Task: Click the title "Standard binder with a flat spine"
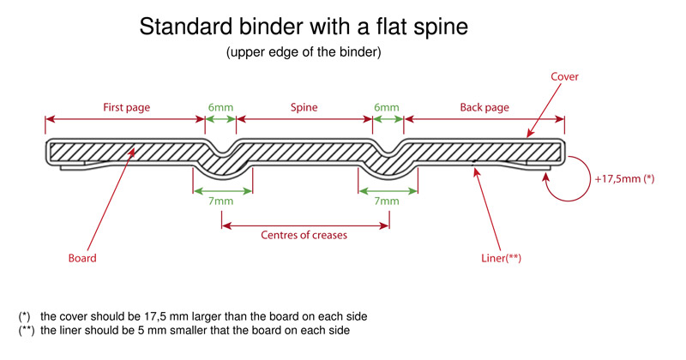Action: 304,27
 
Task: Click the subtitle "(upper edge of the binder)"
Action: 304,52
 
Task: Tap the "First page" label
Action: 126,107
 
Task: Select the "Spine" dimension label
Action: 304,107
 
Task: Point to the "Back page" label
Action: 484,107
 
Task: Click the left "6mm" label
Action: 220,107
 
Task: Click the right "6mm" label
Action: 388,107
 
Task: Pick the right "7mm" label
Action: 388,201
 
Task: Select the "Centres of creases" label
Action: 304,236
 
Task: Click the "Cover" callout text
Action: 564,77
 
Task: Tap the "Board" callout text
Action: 81,257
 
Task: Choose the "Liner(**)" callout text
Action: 502,257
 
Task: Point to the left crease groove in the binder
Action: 221,154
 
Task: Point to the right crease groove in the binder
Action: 388,154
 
